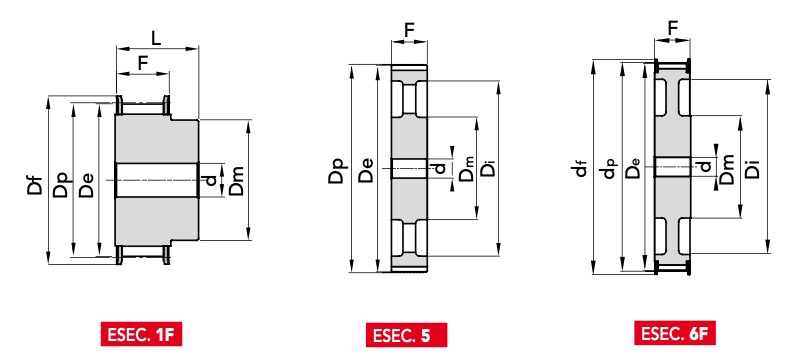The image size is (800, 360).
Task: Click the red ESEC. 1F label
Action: pos(141,335)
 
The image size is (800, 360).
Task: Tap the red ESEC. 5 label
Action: pos(406,335)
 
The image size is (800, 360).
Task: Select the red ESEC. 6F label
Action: pos(674,333)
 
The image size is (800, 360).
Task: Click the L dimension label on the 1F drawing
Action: pos(156,38)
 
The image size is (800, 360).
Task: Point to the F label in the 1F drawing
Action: pos(143,63)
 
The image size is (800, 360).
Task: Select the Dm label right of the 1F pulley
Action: pos(236,182)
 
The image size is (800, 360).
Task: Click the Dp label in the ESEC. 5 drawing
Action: pos(337,169)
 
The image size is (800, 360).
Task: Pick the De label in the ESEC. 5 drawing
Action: pos(365,170)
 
